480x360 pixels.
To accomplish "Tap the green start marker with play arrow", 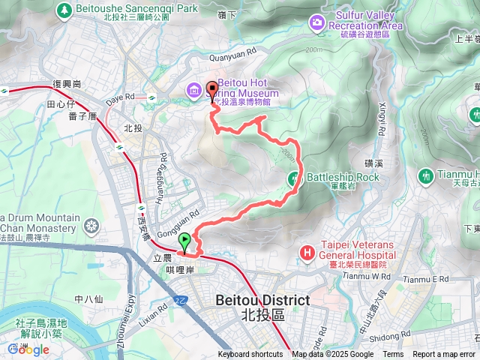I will click(x=184, y=241).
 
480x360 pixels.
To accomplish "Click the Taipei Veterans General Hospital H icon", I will click(x=306, y=253).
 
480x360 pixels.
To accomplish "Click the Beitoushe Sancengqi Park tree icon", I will click(x=64, y=10).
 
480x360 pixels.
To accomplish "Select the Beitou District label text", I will click(x=262, y=300).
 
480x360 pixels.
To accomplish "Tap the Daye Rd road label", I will click(x=120, y=96).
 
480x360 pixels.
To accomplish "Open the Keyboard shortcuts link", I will click(x=250, y=355).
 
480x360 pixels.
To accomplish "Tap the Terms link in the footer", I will click(x=393, y=355).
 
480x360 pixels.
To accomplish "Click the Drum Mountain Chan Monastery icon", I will click(x=91, y=225).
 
